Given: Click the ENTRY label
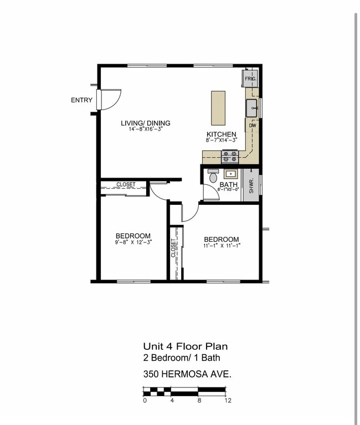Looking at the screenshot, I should (81, 100).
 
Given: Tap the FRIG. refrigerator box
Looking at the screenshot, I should (250, 79).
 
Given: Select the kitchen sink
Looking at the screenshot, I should (252, 107).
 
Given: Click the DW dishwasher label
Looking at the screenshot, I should (252, 126).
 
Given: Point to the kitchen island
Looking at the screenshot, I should (218, 108).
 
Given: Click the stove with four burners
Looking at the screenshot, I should (230, 157).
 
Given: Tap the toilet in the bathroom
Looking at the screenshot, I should (213, 177).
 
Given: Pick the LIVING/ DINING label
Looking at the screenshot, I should (146, 123).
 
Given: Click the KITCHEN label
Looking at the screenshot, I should (222, 134).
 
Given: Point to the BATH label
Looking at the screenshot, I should (228, 184).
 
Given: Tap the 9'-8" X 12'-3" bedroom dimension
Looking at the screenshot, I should (133, 242).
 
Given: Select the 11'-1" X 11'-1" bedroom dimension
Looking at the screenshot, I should (222, 245).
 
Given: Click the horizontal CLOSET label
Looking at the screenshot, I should (126, 185).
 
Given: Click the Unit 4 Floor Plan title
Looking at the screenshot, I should (185, 347).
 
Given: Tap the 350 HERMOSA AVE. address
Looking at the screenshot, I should (187, 374).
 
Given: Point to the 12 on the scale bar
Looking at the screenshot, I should (227, 400).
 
